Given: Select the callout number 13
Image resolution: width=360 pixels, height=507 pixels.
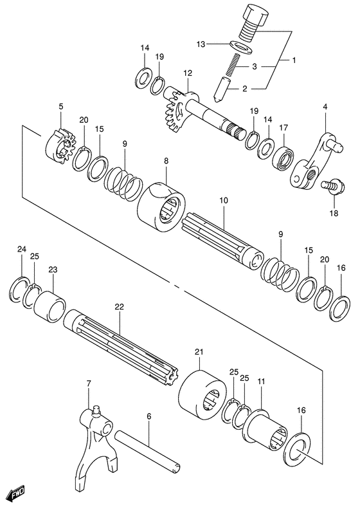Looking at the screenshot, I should tap(201, 44).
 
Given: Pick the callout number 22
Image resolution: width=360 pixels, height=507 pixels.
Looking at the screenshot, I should tap(118, 307).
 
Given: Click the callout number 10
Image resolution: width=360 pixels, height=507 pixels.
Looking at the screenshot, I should tap(223, 201).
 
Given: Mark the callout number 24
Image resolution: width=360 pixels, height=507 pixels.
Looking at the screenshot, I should tap(22, 249).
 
